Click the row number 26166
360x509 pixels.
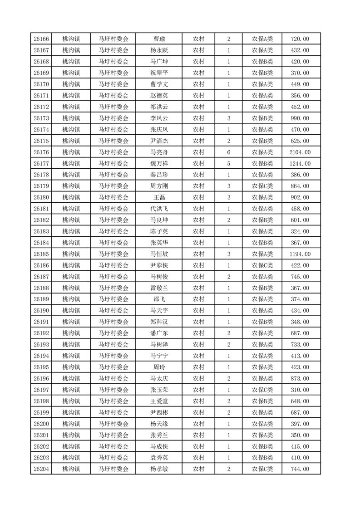[x=41, y=39]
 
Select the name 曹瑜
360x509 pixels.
[x=159, y=39]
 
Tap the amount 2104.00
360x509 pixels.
[x=300, y=152]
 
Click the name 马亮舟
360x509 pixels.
[x=159, y=152]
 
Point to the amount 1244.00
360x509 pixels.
[x=300, y=164]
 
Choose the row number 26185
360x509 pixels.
[x=41, y=254]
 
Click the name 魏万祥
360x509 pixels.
[x=159, y=164]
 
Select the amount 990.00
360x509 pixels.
[x=300, y=118]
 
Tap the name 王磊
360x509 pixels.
[x=159, y=198]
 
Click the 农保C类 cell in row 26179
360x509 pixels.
[x=262, y=186]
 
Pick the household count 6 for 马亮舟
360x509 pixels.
[x=228, y=152]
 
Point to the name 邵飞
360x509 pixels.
[x=159, y=299]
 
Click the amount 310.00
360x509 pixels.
[x=300, y=390]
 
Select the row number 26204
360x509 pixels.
[x=41, y=469]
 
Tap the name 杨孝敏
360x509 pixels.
[x=159, y=469]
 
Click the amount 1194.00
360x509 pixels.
[x=300, y=254]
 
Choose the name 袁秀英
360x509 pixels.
[x=159, y=458]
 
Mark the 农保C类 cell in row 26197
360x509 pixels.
[x=262, y=390]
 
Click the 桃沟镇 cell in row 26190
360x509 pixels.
[x=71, y=311]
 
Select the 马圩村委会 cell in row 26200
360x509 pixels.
[x=113, y=424]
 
